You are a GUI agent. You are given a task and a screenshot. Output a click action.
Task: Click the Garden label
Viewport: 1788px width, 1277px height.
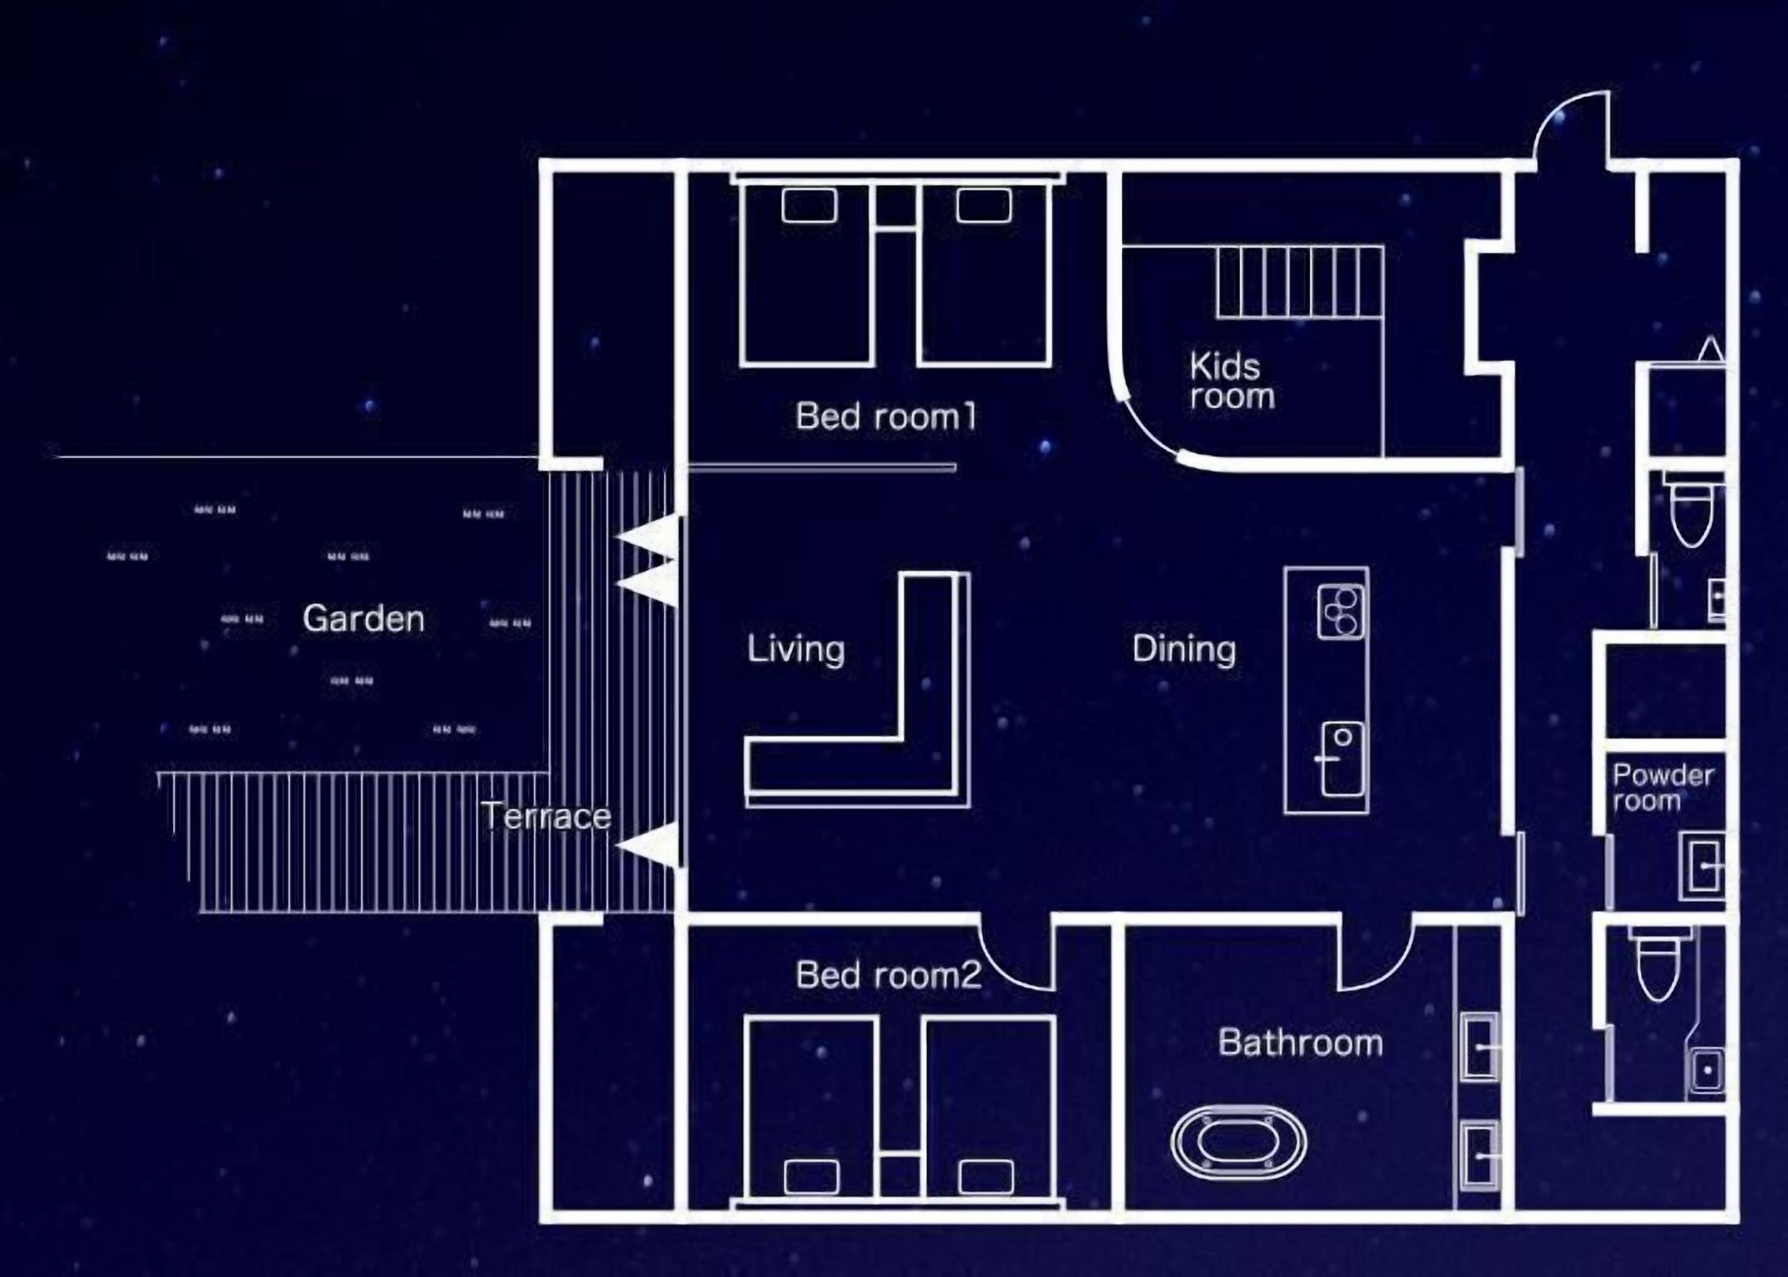(363, 619)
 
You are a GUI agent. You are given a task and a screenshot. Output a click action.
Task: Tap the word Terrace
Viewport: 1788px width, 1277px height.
(547, 816)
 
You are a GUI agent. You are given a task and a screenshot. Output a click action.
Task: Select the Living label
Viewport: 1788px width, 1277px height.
(796, 650)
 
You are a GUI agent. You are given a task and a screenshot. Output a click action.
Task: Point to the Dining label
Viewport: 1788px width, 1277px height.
(1184, 650)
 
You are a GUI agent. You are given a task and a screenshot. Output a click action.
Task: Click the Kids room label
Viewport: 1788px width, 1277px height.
(1231, 381)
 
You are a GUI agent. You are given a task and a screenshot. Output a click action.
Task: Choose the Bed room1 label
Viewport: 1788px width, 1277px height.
(886, 416)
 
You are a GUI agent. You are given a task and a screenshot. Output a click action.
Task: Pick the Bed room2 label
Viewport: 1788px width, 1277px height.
(888, 975)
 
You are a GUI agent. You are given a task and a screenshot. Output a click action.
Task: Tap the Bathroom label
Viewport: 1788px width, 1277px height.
(1300, 1043)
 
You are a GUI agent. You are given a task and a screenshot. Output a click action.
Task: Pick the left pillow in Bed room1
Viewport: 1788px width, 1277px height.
(809, 206)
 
